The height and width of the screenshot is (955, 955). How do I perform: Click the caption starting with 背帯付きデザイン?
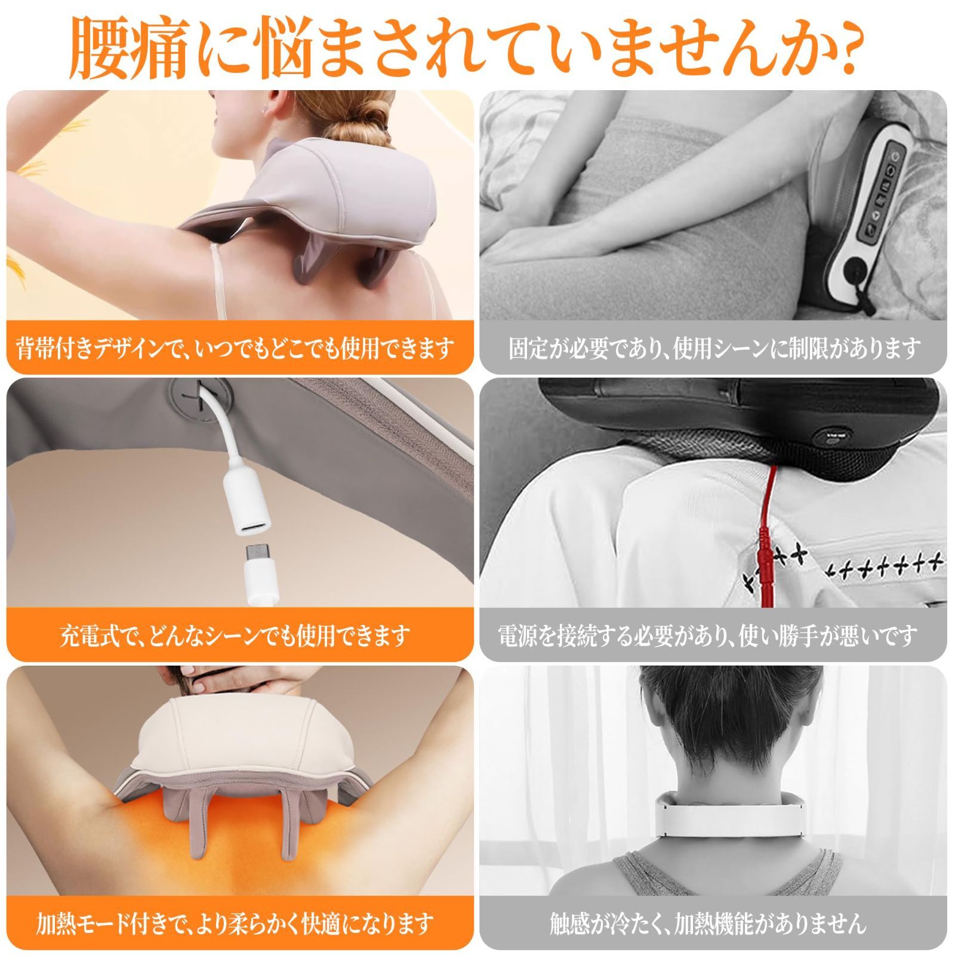[x=236, y=347]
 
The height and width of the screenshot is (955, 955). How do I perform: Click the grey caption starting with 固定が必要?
[x=714, y=347]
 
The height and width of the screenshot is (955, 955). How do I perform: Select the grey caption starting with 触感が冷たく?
[x=708, y=923]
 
